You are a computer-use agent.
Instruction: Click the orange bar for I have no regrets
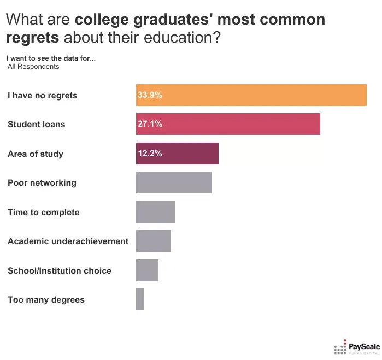pos(251,95)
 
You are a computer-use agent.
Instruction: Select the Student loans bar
pos(228,124)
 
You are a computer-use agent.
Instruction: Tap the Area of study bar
pos(177,154)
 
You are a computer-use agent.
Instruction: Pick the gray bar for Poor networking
pos(174,182)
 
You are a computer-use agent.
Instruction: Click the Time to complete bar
pos(155,212)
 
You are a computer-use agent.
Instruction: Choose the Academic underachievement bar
pos(154,241)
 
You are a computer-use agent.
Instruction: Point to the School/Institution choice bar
pos(147,270)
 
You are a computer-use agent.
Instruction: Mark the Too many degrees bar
pos(140,300)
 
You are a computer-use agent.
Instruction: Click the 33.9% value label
pos(150,95)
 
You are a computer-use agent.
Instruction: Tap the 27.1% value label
pos(150,124)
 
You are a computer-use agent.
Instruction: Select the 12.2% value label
pos(150,154)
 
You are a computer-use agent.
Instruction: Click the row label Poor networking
pos(42,182)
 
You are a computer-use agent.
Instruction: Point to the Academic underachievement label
pos(68,241)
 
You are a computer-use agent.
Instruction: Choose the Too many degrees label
pos(46,300)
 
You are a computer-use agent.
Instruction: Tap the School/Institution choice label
pos(59,270)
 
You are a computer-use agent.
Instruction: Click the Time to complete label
pos(43,212)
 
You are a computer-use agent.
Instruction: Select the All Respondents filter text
pos(33,67)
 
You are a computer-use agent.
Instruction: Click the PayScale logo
pos(356,347)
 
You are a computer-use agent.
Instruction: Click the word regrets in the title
pos(33,39)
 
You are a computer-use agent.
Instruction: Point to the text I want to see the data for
pos(51,58)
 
